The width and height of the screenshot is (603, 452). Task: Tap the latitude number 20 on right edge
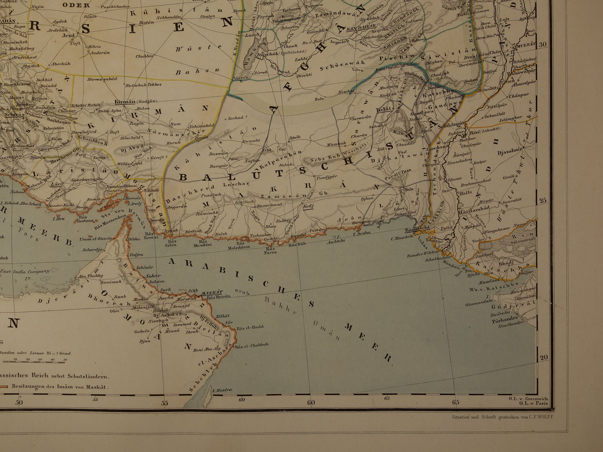coord(543,357)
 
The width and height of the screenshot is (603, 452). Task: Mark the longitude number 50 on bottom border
coord(18,402)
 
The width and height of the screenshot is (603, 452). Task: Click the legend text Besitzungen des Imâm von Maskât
coord(61,386)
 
